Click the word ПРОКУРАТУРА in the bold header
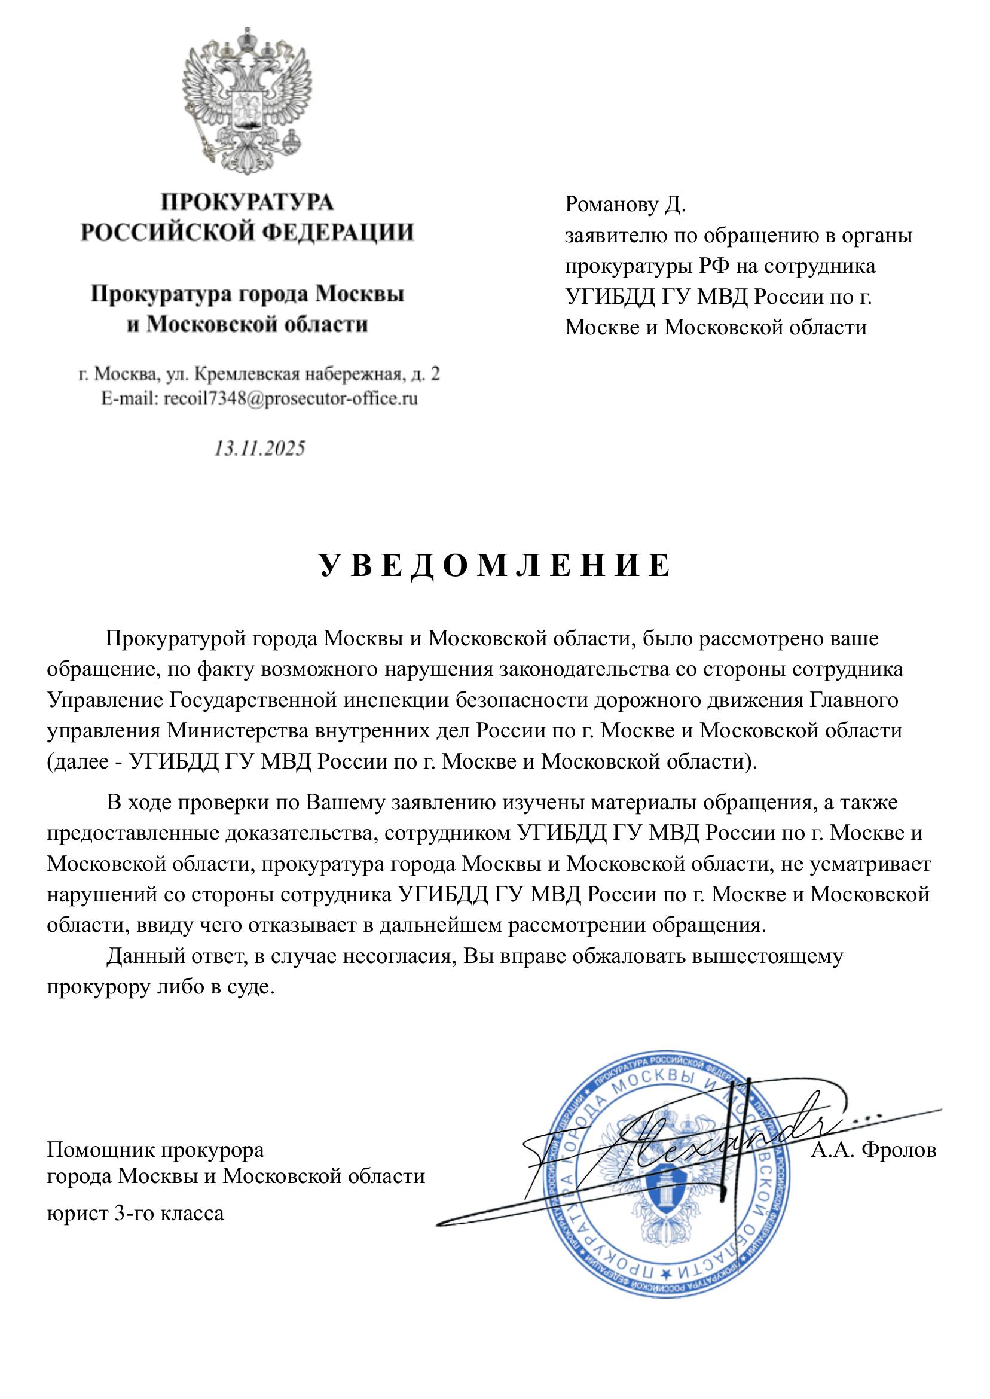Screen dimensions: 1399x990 [x=247, y=202]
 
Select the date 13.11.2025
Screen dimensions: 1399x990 [x=259, y=449]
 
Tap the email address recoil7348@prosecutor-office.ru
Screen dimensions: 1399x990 [x=291, y=399]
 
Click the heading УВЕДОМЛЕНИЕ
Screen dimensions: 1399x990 [x=494, y=566]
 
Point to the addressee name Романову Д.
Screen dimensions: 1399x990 [x=625, y=205]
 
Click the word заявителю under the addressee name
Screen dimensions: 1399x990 [x=616, y=236]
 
